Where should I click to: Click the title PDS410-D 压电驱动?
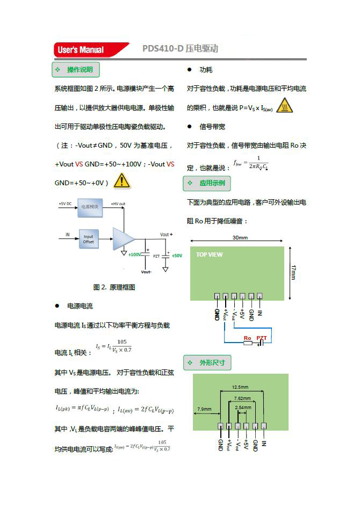pyautogui.click(x=180, y=49)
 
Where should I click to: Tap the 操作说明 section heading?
pyautogui.click(x=76, y=70)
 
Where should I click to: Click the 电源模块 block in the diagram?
pyautogui.click(x=90, y=207)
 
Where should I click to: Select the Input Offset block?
pyautogui.click(x=88, y=239)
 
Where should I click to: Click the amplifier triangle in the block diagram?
pyautogui.click(x=123, y=239)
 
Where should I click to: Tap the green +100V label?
pyautogui.click(x=134, y=255)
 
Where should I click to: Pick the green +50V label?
pyautogui.click(x=177, y=256)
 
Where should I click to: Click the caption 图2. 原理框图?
pyautogui.click(x=114, y=287)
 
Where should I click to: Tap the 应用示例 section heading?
pyautogui.click(x=207, y=183)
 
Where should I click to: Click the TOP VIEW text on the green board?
pyautogui.click(x=209, y=255)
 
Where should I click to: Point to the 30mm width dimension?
pyautogui.click(x=240, y=237)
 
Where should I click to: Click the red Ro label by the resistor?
pyautogui.click(x=247, y=338)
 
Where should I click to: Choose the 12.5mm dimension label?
pyautogui.click(x=240, y=387)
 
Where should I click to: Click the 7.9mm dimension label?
pyautogui.click(x=204, y=409)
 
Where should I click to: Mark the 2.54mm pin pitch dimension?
pyautogui.click(x=243, y=408)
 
